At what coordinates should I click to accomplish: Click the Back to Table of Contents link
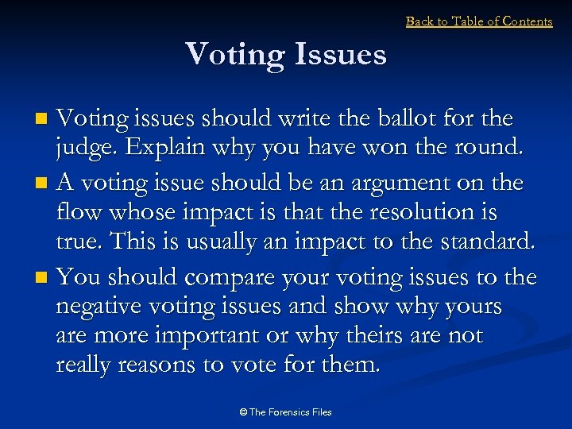pyautogui.click(x=479, y=21)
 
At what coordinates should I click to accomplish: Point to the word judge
pyautogui.click(x=86, y=149)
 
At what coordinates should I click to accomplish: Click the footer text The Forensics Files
pyautogui.click(x=286, y=412)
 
